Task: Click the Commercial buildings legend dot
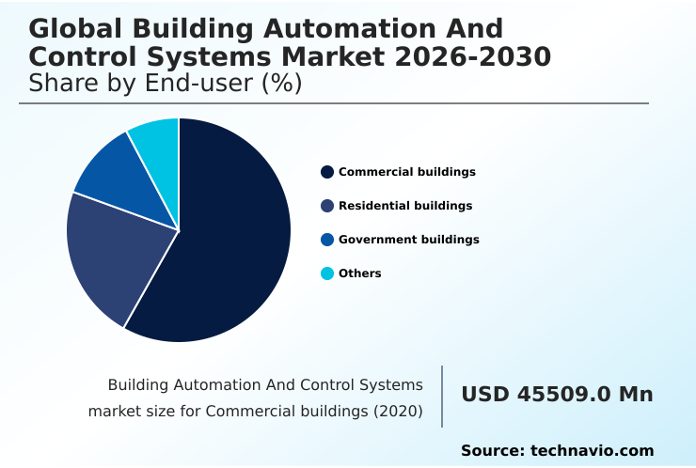click(x=327, y=172)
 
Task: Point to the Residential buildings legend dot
click(x=327, y=206)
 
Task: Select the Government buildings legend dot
click(x=327, y=240)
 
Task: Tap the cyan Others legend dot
click(x=327, y=273)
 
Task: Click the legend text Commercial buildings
click(x=406, y=172)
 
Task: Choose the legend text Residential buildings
click(x=405, y=206)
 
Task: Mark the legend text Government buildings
click(x=408, y=240)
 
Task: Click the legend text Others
click(x=359, y=273)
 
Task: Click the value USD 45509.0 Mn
click(x=557, y=395)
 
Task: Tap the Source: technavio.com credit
click(x=557, y=451)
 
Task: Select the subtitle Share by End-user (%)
click(x=165, y=84)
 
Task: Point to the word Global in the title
click(x=74, y=28)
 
